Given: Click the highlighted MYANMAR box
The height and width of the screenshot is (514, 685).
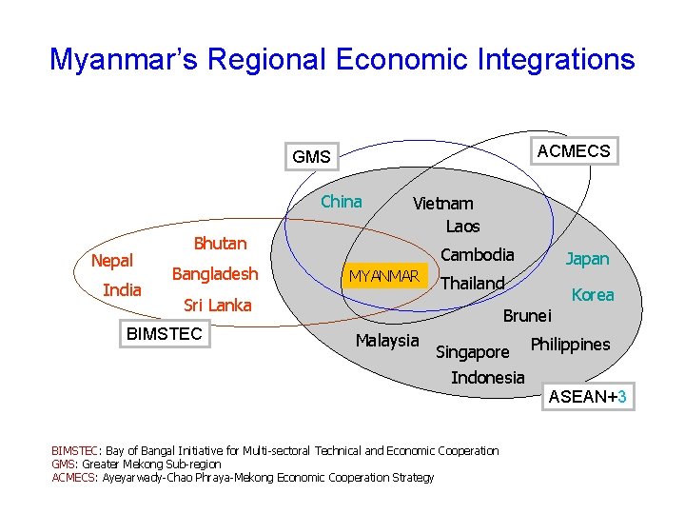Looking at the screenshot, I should coord(384,276).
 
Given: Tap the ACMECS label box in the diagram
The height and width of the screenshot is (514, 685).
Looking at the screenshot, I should coord(574,151).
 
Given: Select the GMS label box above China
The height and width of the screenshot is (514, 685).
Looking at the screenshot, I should coord(312,157).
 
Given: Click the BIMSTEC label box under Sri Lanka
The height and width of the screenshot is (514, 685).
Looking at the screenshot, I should coord(165,333).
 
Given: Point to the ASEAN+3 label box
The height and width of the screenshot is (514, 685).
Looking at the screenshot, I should coord(588,397).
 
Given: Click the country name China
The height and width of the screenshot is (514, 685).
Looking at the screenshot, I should coord(341,202).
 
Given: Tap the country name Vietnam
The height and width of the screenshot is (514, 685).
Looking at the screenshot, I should coord(442,203).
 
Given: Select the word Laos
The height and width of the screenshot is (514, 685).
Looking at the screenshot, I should coord(462,227).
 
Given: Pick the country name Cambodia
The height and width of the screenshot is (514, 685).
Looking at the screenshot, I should coord(477,254).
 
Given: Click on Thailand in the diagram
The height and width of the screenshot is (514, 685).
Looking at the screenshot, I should coord(472,284).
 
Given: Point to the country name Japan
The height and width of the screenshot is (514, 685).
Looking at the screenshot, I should coord(587,259).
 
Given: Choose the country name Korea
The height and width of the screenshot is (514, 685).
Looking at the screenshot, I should coord(593,295).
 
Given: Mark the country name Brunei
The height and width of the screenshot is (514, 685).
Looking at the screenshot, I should coord(526,316).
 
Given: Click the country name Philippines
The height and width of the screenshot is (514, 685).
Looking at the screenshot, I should coord(570,344).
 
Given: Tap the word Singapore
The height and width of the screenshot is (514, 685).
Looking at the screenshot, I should coord(472,352).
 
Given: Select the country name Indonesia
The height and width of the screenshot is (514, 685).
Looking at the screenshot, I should coord(487,378).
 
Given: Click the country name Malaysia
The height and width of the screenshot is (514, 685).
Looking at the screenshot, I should coord(386,341).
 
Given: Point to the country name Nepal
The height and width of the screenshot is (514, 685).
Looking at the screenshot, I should coord(111,261).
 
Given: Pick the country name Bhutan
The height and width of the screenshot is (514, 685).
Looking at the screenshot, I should coord(220,244).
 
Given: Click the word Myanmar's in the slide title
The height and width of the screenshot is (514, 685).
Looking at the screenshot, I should coord(124,60).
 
